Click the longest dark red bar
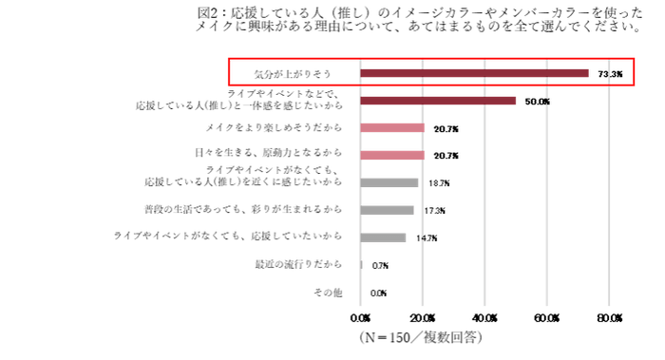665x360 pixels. point(475,73)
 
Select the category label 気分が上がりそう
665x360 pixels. point(291,73)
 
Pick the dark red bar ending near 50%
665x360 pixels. point(438,101)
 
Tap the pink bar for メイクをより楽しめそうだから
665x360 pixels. point(392,128)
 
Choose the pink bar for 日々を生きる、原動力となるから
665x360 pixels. point(392,155)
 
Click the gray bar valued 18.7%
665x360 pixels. point(389,182)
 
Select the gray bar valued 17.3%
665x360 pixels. point(388,210)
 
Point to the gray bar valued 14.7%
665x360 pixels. point(384,237)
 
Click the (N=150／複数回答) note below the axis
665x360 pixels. point(418,336)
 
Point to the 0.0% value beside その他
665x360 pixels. point(378,294)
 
